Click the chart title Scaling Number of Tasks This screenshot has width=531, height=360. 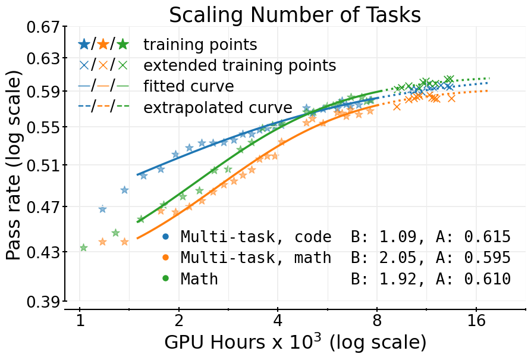click(x=295, y=15)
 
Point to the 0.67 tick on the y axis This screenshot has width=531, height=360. click(x=43, y=27)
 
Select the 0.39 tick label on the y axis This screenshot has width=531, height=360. click(x=43, y=302)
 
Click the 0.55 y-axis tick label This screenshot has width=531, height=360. click(x=43, y=127)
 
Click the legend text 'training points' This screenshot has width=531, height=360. click(x=200, y=45)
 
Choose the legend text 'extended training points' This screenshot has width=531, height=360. click(x=240, y=65)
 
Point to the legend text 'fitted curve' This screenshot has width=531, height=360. click(x=188, y=86)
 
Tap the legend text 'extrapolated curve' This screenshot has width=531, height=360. click(x=218, y=108)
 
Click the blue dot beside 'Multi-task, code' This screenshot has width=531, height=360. click(x=165, y=237)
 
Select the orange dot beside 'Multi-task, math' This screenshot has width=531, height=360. click(x=165, y=258)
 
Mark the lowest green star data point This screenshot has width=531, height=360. click(x=83, y=248)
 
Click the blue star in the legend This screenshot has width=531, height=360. click(x=84, y=44)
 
